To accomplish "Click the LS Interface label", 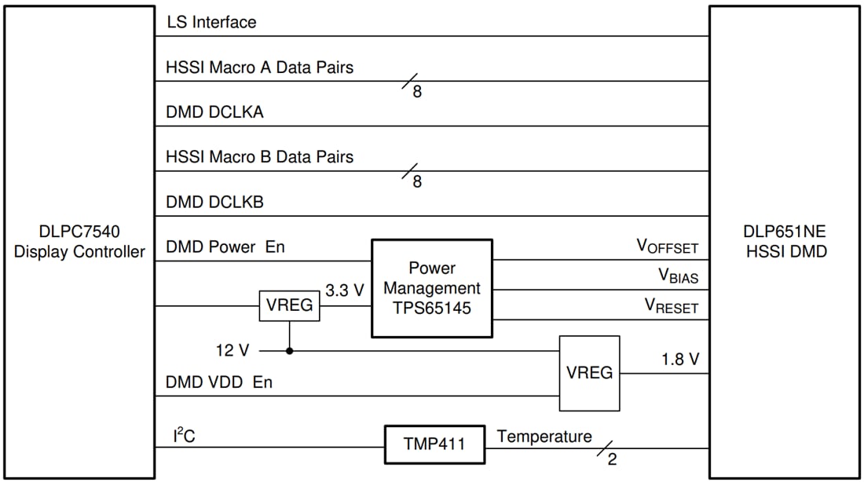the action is [211, 22].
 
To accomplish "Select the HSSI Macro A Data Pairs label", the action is [260, 68].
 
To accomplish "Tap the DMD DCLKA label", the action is [214, 112].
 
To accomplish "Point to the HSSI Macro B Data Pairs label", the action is [260, 157].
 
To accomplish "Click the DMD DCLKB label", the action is [214, 202].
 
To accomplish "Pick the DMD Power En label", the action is [225, 246].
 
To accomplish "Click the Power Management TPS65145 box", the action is [432, 288].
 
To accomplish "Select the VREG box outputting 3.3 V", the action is [290, 305].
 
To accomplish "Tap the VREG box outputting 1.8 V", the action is [589, 373].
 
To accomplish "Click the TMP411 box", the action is [434, 444].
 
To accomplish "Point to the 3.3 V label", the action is [345, 290].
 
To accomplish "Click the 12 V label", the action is [233, 350].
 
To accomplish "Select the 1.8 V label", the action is [679, 360].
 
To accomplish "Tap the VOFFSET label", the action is [667, 247].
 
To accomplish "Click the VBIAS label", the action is [678, 276].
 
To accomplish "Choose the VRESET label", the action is [672, 306].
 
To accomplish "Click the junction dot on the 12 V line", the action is [290, 351].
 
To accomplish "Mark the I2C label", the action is [184, 436].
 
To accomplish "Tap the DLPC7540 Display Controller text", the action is [79, 242].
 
